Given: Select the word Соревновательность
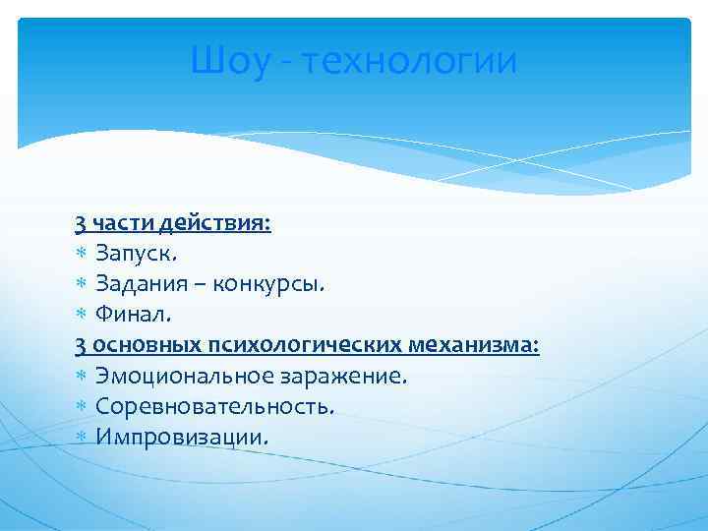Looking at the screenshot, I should (215, 406).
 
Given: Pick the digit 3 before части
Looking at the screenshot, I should (80, 223).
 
